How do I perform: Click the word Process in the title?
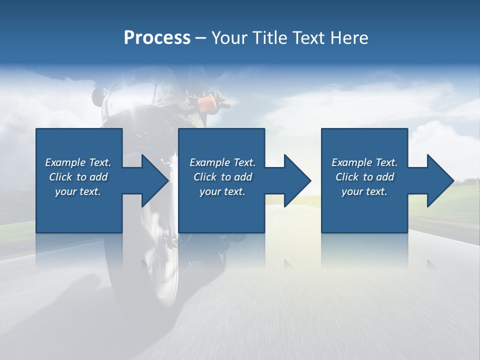(157, 38)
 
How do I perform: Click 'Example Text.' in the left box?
(78, 162)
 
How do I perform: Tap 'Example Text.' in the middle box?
(222, 162)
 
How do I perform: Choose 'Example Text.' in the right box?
(364, 162)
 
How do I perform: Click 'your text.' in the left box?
(78, 191)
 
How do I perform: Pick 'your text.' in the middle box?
(222, 191)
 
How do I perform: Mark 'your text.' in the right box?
(364, 191)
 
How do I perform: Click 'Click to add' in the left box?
(78, 177)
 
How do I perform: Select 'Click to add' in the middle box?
(222, 177)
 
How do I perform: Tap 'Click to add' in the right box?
(364, 177)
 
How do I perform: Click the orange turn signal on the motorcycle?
(206, 104)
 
